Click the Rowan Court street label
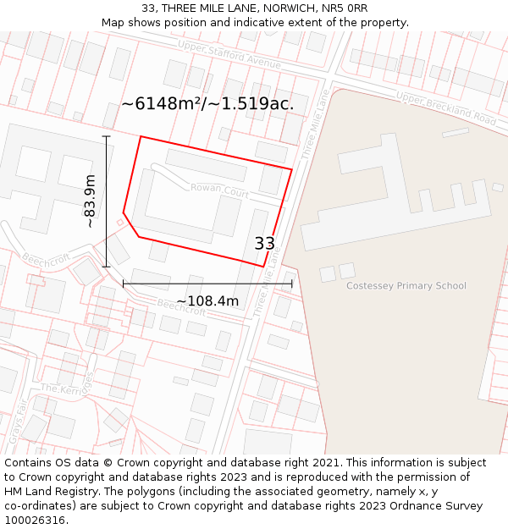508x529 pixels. (x=219, y=191)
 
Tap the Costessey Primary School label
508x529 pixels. (x=406, y=286)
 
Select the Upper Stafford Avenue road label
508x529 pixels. (x=229, y=55)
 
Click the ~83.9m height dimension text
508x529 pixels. (x=90, y=201)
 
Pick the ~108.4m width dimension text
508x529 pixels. (x=207, y=301)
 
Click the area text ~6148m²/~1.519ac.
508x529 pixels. (x=207, y=104)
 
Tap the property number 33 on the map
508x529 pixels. (x=265, y=244)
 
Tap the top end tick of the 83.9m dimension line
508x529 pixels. (x=107, y=136)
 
